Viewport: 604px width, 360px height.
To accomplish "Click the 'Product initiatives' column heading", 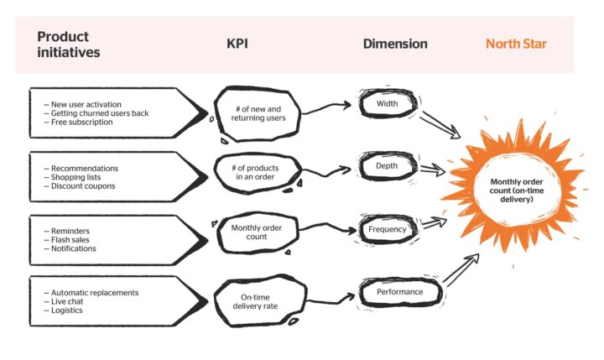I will [70, 44].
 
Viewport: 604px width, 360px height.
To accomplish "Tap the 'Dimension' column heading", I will [394, 44].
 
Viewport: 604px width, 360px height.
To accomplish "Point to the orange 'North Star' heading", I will [516, 44].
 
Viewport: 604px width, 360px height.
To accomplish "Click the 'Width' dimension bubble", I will [387, 105].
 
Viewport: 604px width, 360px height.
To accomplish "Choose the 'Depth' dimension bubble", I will [387, 166].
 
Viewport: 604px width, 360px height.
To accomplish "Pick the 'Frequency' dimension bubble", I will [387, 229].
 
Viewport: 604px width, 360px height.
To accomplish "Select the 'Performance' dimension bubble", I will [393, 292].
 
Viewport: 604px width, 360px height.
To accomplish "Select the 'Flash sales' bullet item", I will [74, 239].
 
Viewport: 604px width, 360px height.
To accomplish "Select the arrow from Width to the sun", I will [440, 123].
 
